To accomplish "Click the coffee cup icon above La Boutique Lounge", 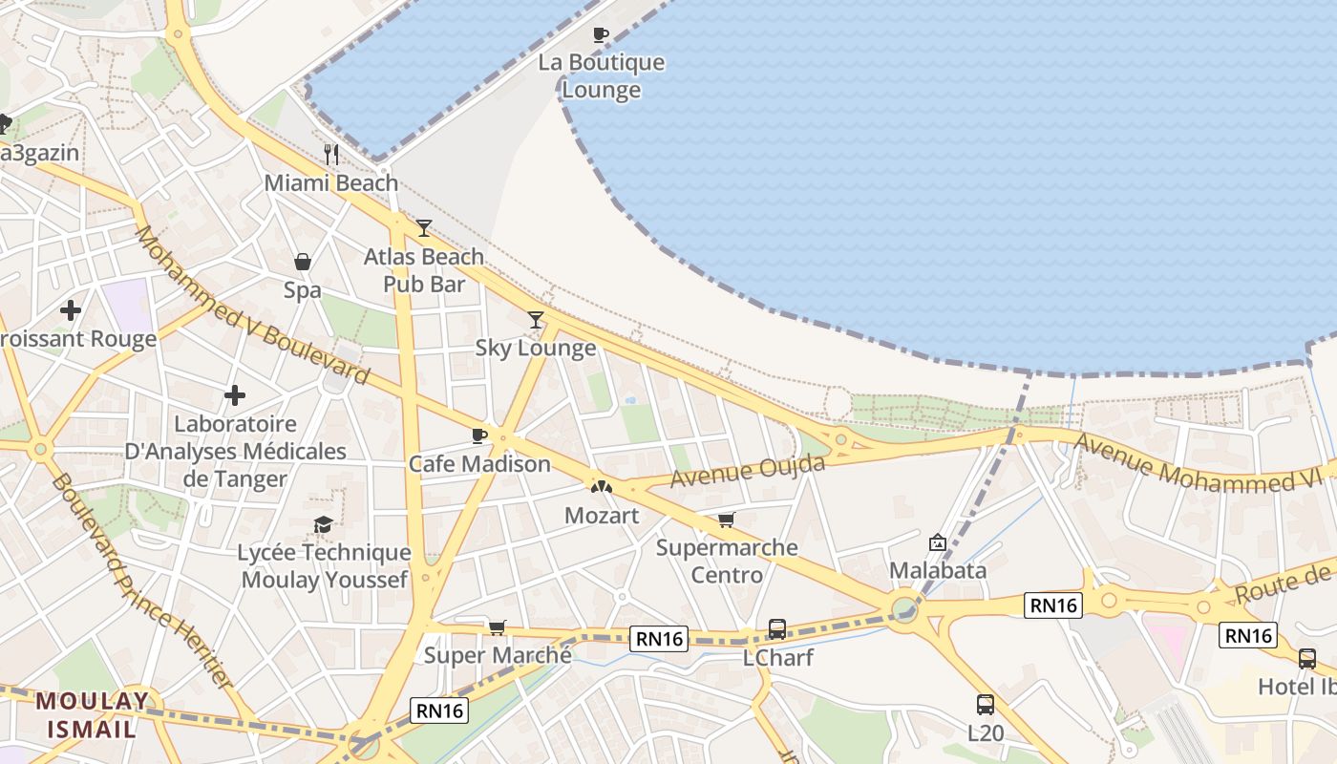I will pos(600,35).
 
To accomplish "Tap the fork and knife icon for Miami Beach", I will pos(331,155).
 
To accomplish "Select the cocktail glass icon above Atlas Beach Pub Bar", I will pos(424,228).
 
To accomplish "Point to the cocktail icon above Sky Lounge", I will pos(536,320).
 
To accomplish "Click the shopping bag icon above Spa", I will pos(303,262).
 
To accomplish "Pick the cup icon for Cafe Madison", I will pos(479,436).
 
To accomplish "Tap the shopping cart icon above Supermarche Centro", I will pos(727,520).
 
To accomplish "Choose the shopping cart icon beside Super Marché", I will pos(497,627).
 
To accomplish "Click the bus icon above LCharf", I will pos(777,629).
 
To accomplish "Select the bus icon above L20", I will pos(986,705).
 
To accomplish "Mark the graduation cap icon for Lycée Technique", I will pos(324,524).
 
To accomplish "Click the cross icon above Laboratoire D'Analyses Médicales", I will pos(235,395).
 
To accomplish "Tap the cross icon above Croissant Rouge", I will pos(71,310).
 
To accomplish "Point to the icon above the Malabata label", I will pos(938,542).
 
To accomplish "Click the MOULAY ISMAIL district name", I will pos(93,714).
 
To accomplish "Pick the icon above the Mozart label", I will pos(601,487).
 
